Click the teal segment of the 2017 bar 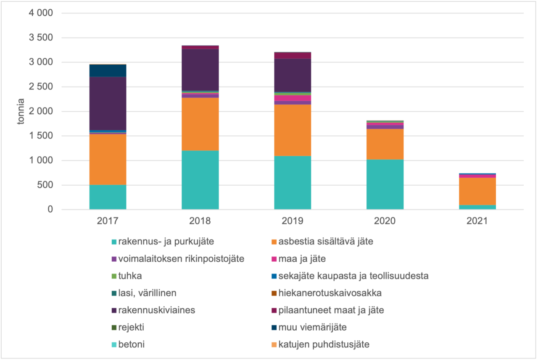pyautogui.click(x=108, y=197)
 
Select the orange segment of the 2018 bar pyautogui.click(x=200, y=124)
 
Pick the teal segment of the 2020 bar pyautogui.click(x=385, y=184)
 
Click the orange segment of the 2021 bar pyautogui.click(x=477, y=191)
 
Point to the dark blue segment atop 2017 pyautogui.click(x=108, y=71)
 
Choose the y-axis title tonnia pyautogui.click(x=21, y=111)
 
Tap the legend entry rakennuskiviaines pyautogui.click(x=157, y=310)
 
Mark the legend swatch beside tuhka pyautogui.click(x=113, y=276)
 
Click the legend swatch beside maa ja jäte pyautogui.click(x=273, y=259)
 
